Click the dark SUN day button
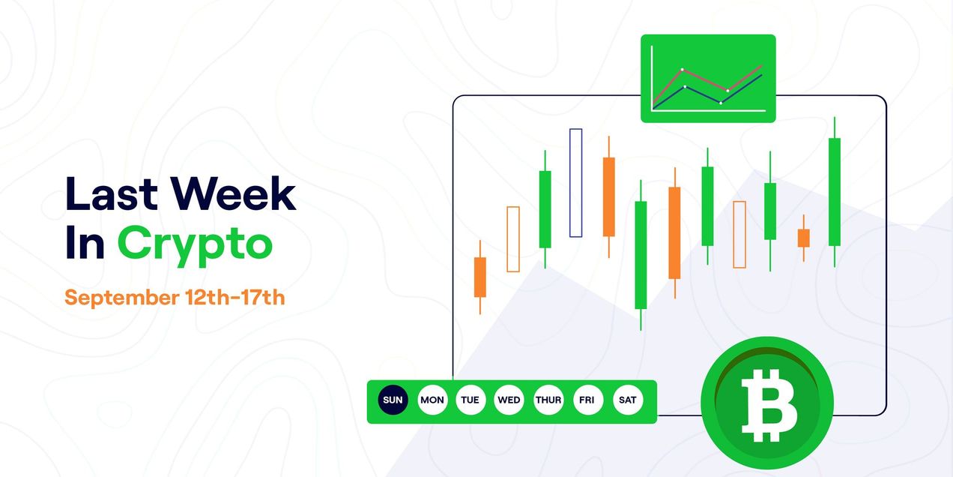click(x=393, y=400)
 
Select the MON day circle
click(x=432, y=400)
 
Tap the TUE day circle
click(x=470, y=400)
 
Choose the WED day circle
click(x=509, y=400)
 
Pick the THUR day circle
click(x=548, y=400)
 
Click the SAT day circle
click(x=627, y=400)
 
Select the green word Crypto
click(x=195, y=244)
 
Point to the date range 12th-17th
click(x=235, y=297)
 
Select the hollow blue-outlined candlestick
click(x=575, y=182)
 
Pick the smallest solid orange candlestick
click(x=804, y=238)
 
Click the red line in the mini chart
click(x=704, y=79)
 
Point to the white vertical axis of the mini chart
click(x=652, y=78)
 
